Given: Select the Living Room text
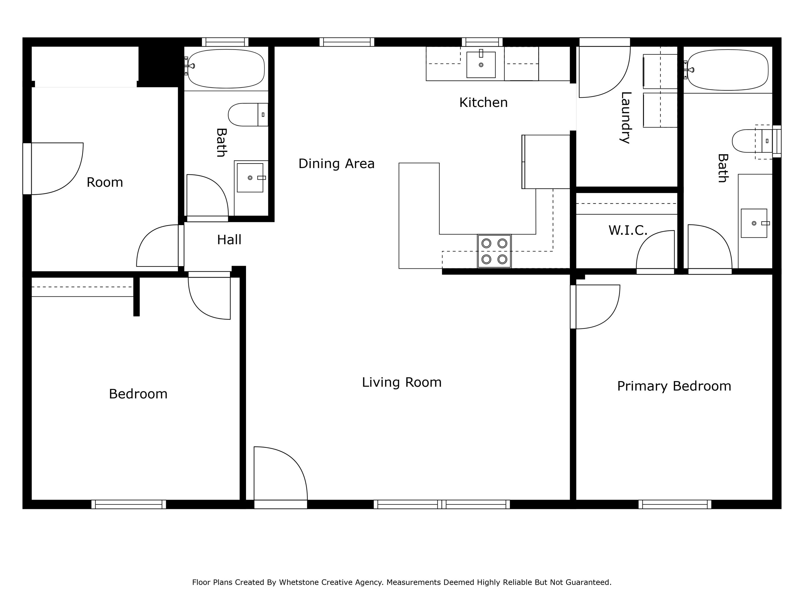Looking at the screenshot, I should click(402, 382).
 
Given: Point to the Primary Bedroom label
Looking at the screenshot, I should click(674, 386).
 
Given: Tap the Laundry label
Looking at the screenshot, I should click(626, 118).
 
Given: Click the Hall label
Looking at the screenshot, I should click(229, 240).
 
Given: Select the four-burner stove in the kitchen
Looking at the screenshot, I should click(494, 251).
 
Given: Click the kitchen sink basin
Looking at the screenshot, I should click(481, 65).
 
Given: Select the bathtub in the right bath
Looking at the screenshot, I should click(728, 70).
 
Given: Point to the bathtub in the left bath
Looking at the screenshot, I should click(226, 69).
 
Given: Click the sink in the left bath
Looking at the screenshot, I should click(250, 178).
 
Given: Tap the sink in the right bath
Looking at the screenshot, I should click(754, 223).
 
